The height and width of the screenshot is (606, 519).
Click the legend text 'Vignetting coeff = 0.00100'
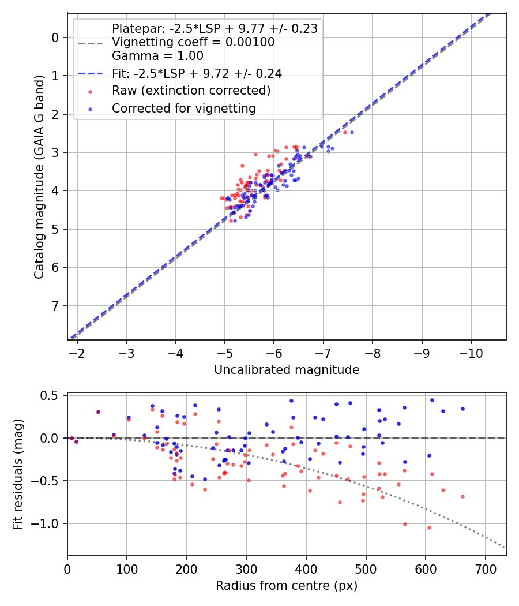pyautogui.click(x=193, y=42)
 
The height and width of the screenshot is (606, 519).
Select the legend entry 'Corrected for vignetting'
pyautogui.click(x=183, y=108)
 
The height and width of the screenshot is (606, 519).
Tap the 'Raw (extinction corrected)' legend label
pyautogui.click(x=191, y=91)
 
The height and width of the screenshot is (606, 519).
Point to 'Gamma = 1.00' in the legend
pyautogui.click(x=157, y=56)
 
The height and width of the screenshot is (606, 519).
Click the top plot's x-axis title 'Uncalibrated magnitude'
pyautogui.click(x=287, y=370)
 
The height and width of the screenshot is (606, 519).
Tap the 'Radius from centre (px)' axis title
pyautogui.click(x=287, y=586)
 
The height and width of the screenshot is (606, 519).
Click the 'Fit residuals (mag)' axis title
pyautogui.click(x=18, y=475)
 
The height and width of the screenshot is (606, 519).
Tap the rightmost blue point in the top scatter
pyautogui.click(x=352, y=132)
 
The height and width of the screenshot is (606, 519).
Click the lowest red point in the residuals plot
pyautogui.click(x=429, y=528)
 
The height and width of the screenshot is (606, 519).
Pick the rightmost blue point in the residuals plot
pyautogui.click(x=462, y=409)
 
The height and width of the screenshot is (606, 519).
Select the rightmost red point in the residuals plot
pyautogui.click(x=462, y=496)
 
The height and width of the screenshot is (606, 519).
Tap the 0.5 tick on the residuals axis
pyautogui.click(x=52, y=395)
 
